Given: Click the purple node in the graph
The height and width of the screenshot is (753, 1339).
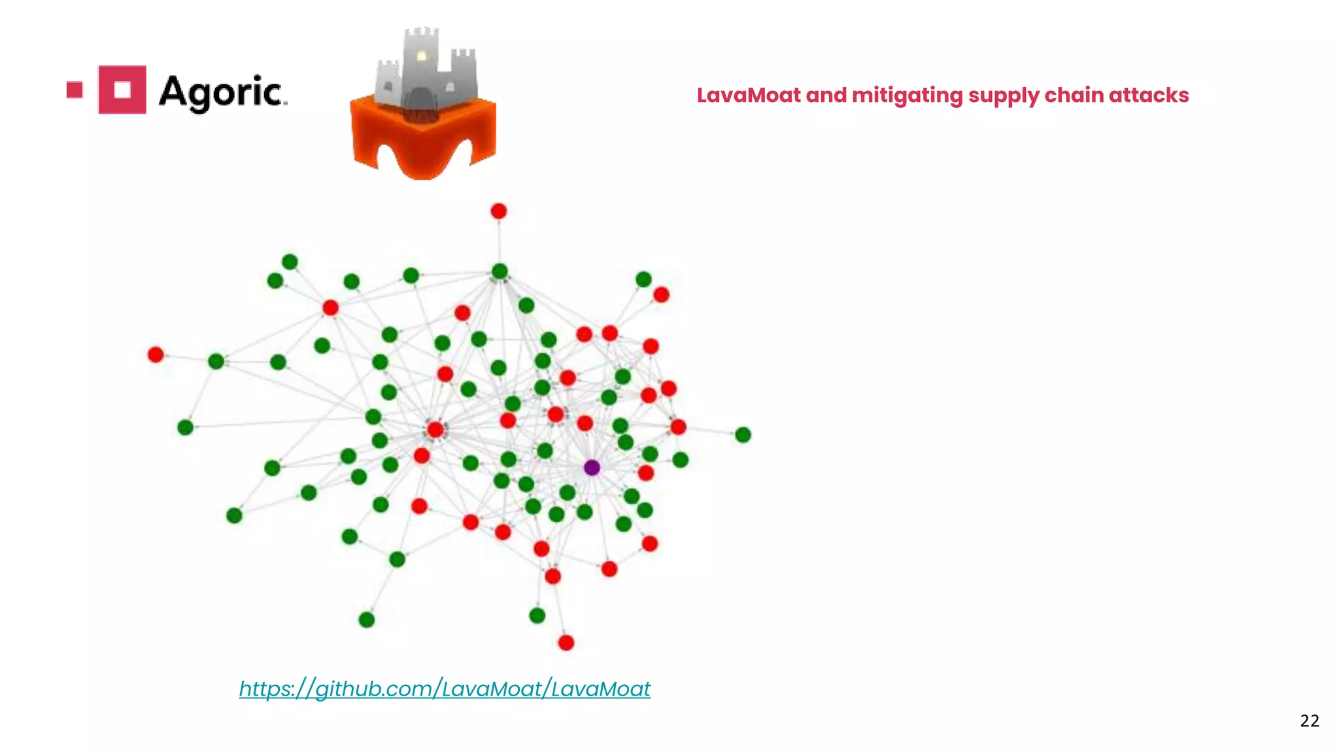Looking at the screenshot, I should pos(592,467).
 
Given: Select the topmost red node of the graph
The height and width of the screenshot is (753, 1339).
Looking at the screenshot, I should pos(499,211).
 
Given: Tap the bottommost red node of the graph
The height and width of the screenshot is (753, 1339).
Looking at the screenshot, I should pos(566,643).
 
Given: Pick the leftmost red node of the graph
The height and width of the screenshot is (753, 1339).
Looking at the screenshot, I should pos(156,354).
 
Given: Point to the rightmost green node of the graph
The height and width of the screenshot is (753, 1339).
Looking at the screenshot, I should pos(743,435).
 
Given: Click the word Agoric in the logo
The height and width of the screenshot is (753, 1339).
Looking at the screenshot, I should pos(222,92).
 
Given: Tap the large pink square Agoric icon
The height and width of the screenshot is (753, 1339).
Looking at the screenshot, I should pos(122,90).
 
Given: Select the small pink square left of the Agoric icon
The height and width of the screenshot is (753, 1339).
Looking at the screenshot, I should pos(75,90).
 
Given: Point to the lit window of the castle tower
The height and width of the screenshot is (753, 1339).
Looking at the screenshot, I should pos(422,56).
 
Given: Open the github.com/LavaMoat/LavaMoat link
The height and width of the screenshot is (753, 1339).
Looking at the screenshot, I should pos(445,689).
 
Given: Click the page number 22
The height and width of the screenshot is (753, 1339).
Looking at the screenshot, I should pos(1310,721).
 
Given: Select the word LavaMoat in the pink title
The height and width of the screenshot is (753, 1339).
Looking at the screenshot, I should pos(749,95).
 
